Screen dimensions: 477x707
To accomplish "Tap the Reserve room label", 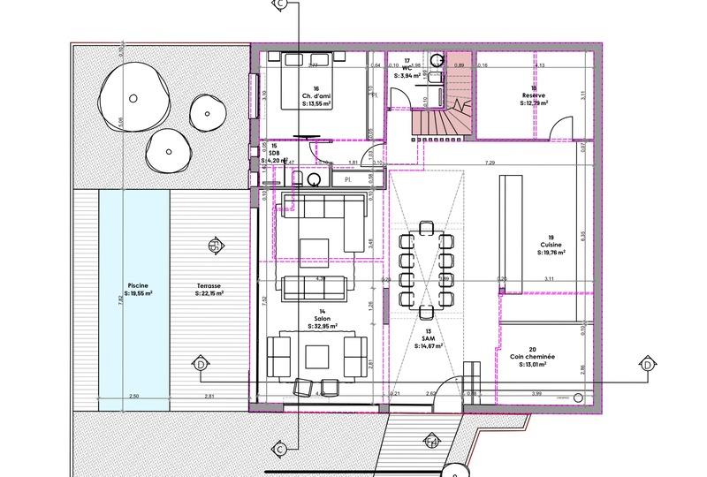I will [532, 96].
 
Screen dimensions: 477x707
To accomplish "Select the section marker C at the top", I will [280, 4].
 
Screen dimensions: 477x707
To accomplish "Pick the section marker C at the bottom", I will [280, 450].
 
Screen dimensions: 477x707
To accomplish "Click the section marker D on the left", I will [201, 364].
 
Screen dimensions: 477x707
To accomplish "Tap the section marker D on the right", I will [642, 364].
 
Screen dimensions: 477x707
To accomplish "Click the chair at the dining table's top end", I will [427, 228].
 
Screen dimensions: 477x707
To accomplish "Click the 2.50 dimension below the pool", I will [133, 397].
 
